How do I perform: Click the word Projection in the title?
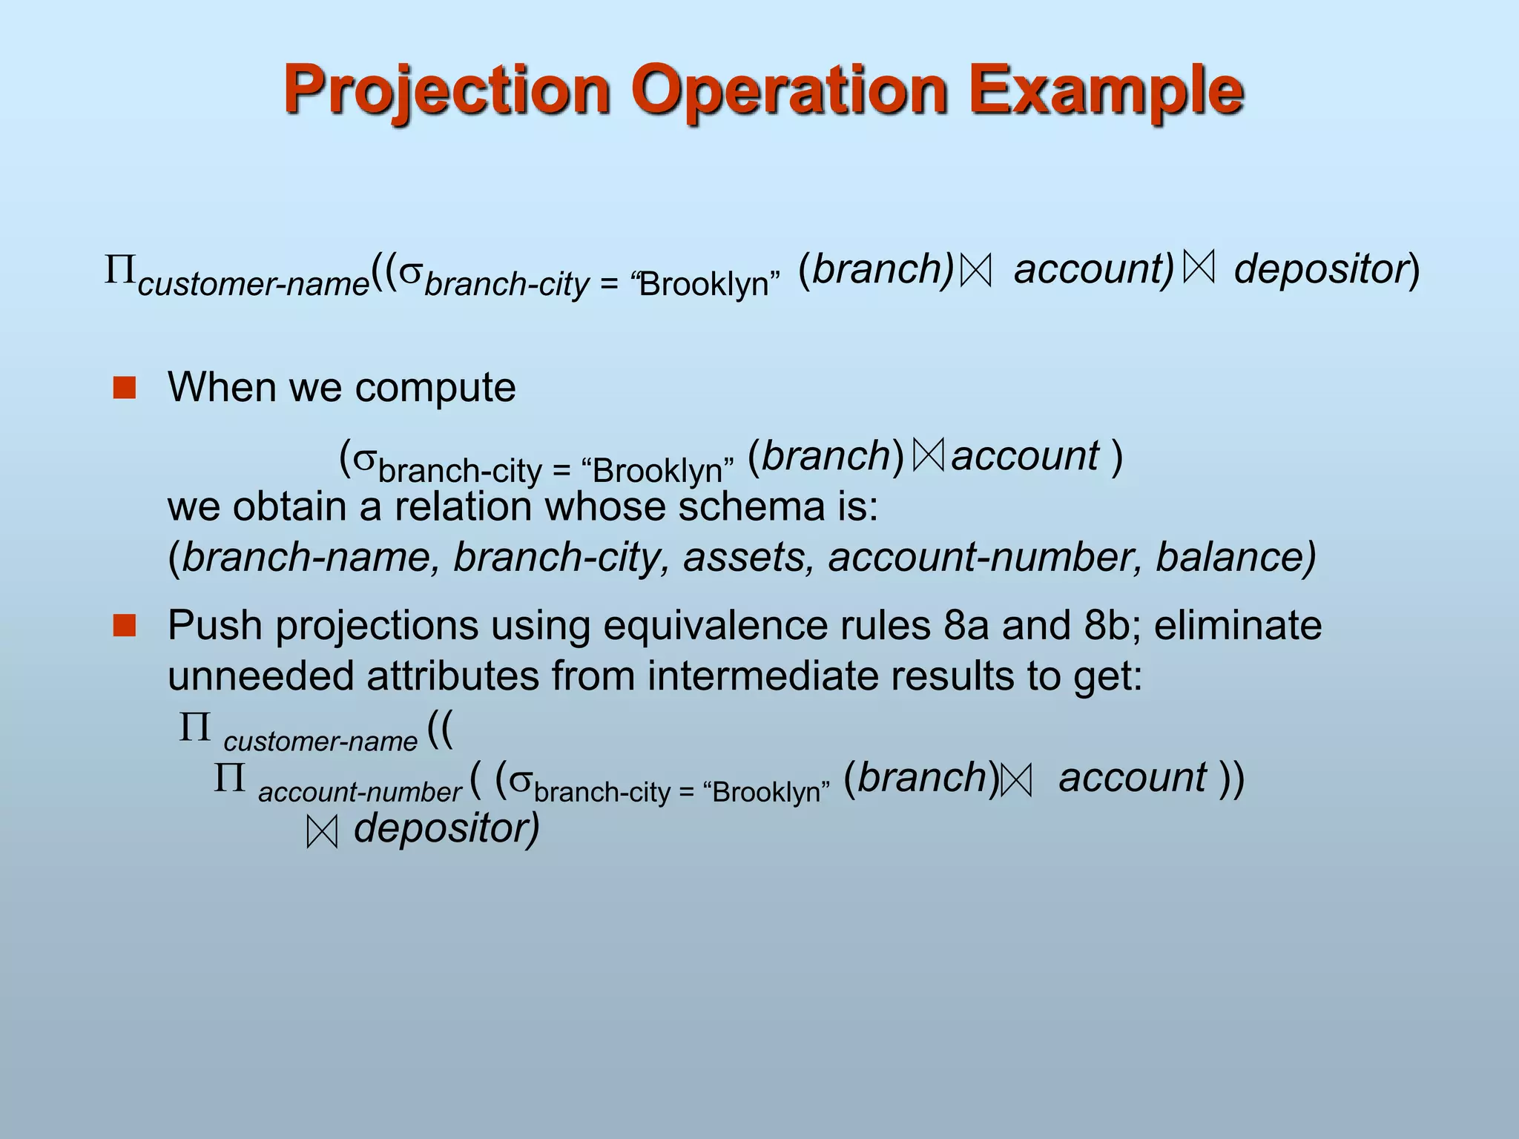point(446,90)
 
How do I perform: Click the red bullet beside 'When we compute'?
point(125,388)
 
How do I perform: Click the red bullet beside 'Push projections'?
point(125,626)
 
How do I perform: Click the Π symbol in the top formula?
point(119,270)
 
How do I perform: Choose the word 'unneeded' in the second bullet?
point(260,676)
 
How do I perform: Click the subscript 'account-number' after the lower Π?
point(360,793)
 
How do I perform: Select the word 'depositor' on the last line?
point(444,828)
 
